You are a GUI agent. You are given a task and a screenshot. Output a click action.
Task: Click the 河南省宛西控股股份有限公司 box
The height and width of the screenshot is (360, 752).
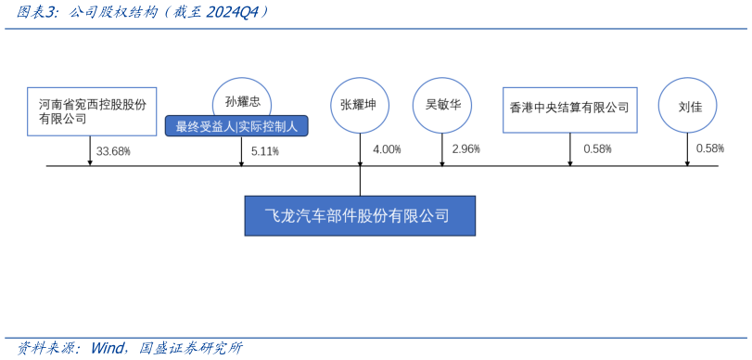point(91,111)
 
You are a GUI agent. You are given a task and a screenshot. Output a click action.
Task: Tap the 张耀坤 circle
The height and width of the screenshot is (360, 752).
point(359,104)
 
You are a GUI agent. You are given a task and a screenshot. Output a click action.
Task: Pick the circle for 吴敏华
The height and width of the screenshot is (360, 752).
point(442,104)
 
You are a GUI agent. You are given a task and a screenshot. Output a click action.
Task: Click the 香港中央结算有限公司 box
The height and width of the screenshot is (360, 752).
point(569,108)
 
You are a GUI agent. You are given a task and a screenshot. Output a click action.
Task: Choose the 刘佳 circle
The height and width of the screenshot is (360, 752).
point(687,106)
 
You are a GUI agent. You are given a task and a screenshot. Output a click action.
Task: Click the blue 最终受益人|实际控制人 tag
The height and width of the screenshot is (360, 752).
point(236,126)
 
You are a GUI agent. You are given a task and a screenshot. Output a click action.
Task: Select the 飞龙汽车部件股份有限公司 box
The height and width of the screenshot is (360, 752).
point(359,216)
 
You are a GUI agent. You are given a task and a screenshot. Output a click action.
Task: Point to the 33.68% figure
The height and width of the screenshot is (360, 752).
point(113,150)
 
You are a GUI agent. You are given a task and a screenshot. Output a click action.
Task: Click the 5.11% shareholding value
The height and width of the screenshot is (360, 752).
point(265,151)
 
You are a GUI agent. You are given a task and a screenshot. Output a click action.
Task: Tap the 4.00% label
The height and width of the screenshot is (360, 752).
point(387,149)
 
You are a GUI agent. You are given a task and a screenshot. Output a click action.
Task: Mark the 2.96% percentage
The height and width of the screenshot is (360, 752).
point(465,149)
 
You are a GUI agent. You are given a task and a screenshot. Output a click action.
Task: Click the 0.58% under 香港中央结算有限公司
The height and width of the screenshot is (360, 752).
point(597,149)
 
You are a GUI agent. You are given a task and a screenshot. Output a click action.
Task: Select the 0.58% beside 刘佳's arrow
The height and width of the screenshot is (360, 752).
point(709,148)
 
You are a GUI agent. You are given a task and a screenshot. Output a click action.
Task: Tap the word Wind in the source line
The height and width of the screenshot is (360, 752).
point(109,348)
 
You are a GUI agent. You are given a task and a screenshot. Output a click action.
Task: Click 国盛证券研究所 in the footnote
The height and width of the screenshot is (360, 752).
point(192,348)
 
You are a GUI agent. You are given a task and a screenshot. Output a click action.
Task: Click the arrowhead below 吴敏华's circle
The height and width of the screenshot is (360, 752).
point(442,162)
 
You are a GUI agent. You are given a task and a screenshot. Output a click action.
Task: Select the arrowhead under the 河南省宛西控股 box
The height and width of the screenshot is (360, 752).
point(90,162)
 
